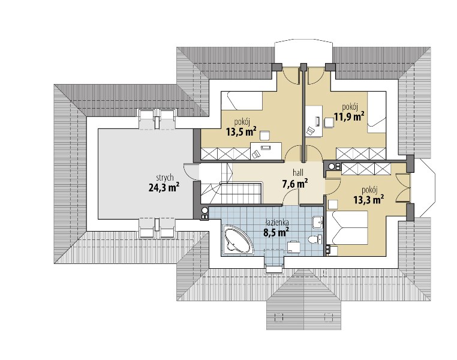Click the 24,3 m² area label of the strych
pyautogui.click(x=164, y=187)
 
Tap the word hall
pyautogui.click(x=298, y=173)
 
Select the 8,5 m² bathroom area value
pyautogui.click(x=273, y=232)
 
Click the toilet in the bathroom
pyautogui.click(x=315, y=239)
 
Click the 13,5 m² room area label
pyautogui.click(x=241, y=132)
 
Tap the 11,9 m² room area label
pyautogui.click(x=349, y=117)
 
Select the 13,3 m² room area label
pyautogui.click(x=368, y=200)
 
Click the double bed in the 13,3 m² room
pyautogui.click(x=347, y=227)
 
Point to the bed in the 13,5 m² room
pyautogui.click(x=242, y=101)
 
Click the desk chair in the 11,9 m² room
pyautogui.click(x=329, y=122)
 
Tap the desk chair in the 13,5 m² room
pyautogui.click(x=264, y=136)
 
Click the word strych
pyautogui.click(x=165, y=178)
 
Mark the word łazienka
pyautogui.click(x=276, y=223)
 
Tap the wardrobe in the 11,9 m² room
pyautogui.click(x=361, y=154)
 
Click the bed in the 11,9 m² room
pyautogui.click(x=377, y=112)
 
